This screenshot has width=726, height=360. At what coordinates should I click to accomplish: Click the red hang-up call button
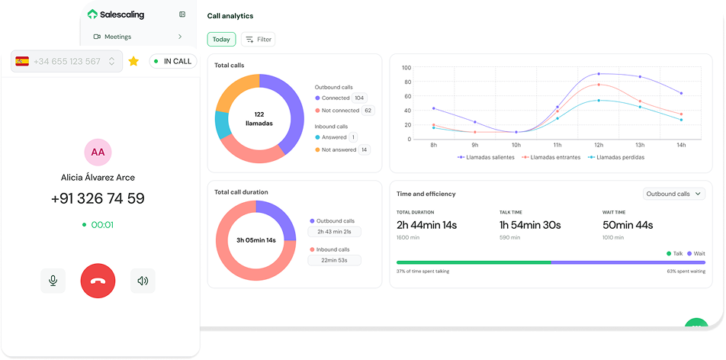tap(98, 281)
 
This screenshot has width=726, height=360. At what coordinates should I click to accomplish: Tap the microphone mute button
tap(53, 281)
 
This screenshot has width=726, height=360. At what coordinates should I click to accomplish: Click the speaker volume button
tap(143, 281)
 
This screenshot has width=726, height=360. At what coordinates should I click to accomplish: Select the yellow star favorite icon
tap(133, 61)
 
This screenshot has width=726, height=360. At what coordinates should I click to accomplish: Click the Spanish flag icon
tap(22, 61)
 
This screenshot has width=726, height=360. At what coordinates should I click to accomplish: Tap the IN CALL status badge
tap(172, 61)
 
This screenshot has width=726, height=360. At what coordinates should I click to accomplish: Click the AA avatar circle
tap(98, 152)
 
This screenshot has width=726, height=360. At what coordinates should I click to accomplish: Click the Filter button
tap(258, 39)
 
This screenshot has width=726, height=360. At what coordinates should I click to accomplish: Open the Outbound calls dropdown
tap(673, 194)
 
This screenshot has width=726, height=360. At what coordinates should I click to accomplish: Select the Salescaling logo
tap(116, 14)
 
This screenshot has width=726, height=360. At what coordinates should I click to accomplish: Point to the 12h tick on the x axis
tap(599, 144)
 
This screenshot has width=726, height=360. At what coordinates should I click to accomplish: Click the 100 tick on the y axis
tap(406, 67)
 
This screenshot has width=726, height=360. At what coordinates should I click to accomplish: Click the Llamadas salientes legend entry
tap(486, 157)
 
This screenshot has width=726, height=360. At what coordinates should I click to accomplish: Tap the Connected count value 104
tap(359, 98)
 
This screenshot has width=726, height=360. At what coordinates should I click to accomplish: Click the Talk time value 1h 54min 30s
tap(530, 225)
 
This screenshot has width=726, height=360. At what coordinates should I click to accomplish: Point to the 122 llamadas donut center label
tap(259, 118)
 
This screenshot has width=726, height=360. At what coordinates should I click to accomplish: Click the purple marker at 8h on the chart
tap(433, 108)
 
